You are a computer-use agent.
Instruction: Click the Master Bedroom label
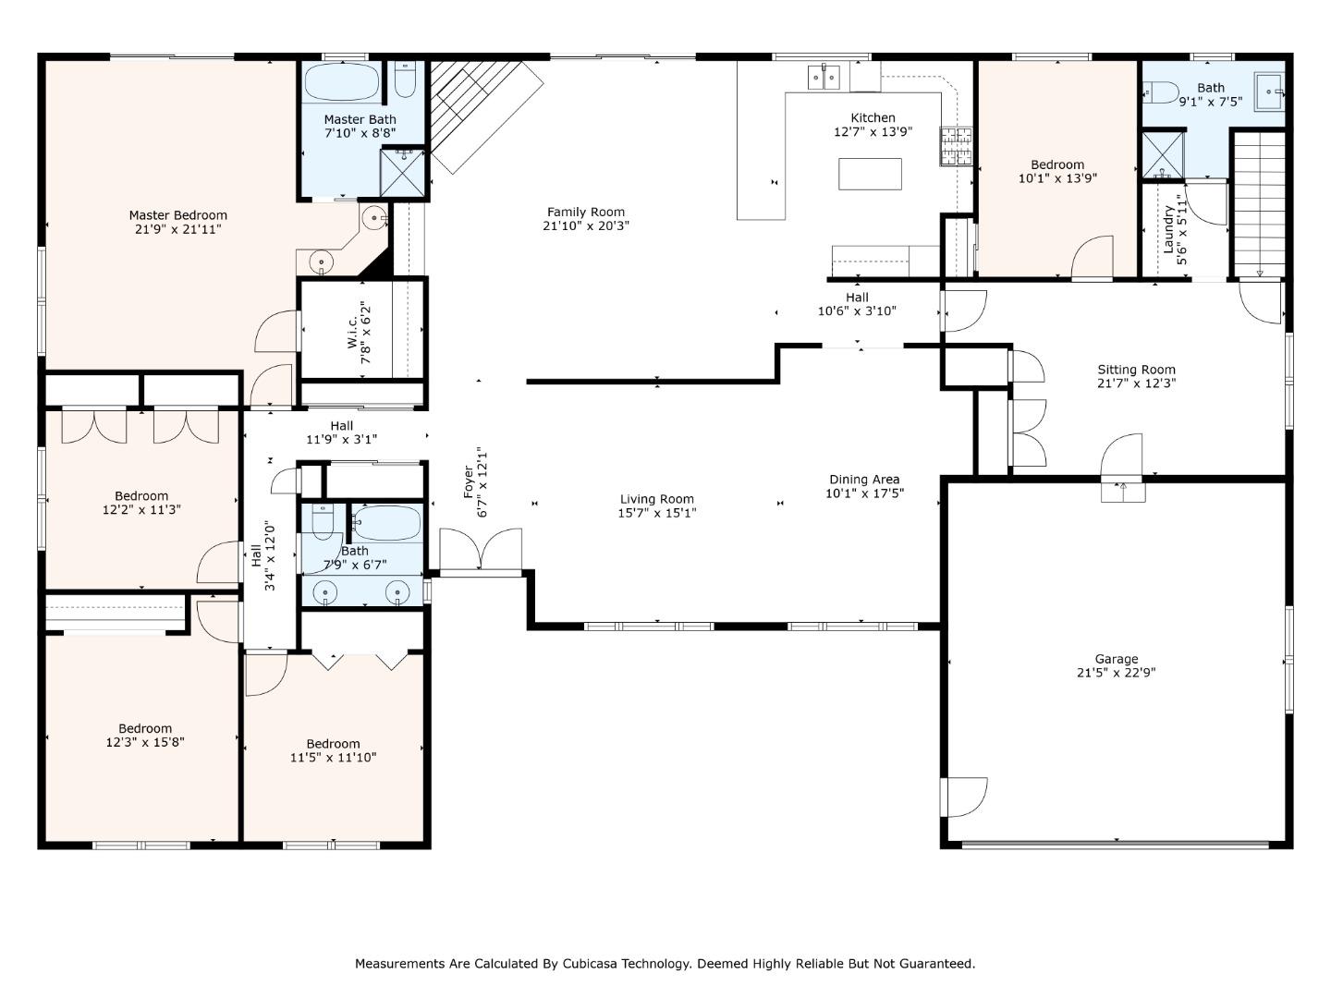[x=177, y=215]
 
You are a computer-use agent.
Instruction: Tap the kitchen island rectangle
[x=870, y=174]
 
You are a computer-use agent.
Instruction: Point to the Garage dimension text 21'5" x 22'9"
[x=1116, y=672]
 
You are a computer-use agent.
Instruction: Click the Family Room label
[x=586, y=213]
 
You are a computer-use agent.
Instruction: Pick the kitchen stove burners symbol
[x=957, y=146]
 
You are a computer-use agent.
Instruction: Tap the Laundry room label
[x=1168, y=229]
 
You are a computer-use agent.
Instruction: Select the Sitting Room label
[x=1136, y=370]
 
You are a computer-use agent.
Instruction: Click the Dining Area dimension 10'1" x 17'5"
[x=864, y=493]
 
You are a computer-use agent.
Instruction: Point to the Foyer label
[x=468, y=481]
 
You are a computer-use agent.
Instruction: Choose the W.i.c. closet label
[x=352, y=334]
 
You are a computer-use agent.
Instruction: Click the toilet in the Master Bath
[x=405, y=80]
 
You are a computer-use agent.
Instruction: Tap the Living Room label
[x=656, y=499]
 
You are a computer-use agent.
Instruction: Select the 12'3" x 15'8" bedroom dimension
[x=145, y=742]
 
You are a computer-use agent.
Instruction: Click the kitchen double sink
[x=824, y=77]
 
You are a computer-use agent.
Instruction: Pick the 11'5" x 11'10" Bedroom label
[x=333, y=744]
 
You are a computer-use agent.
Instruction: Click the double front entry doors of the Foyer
[x=481, y=550]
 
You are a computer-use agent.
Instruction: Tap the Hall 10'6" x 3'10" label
[x=857, y=298]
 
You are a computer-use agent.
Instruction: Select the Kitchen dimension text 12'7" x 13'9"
[x=873, y=131]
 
